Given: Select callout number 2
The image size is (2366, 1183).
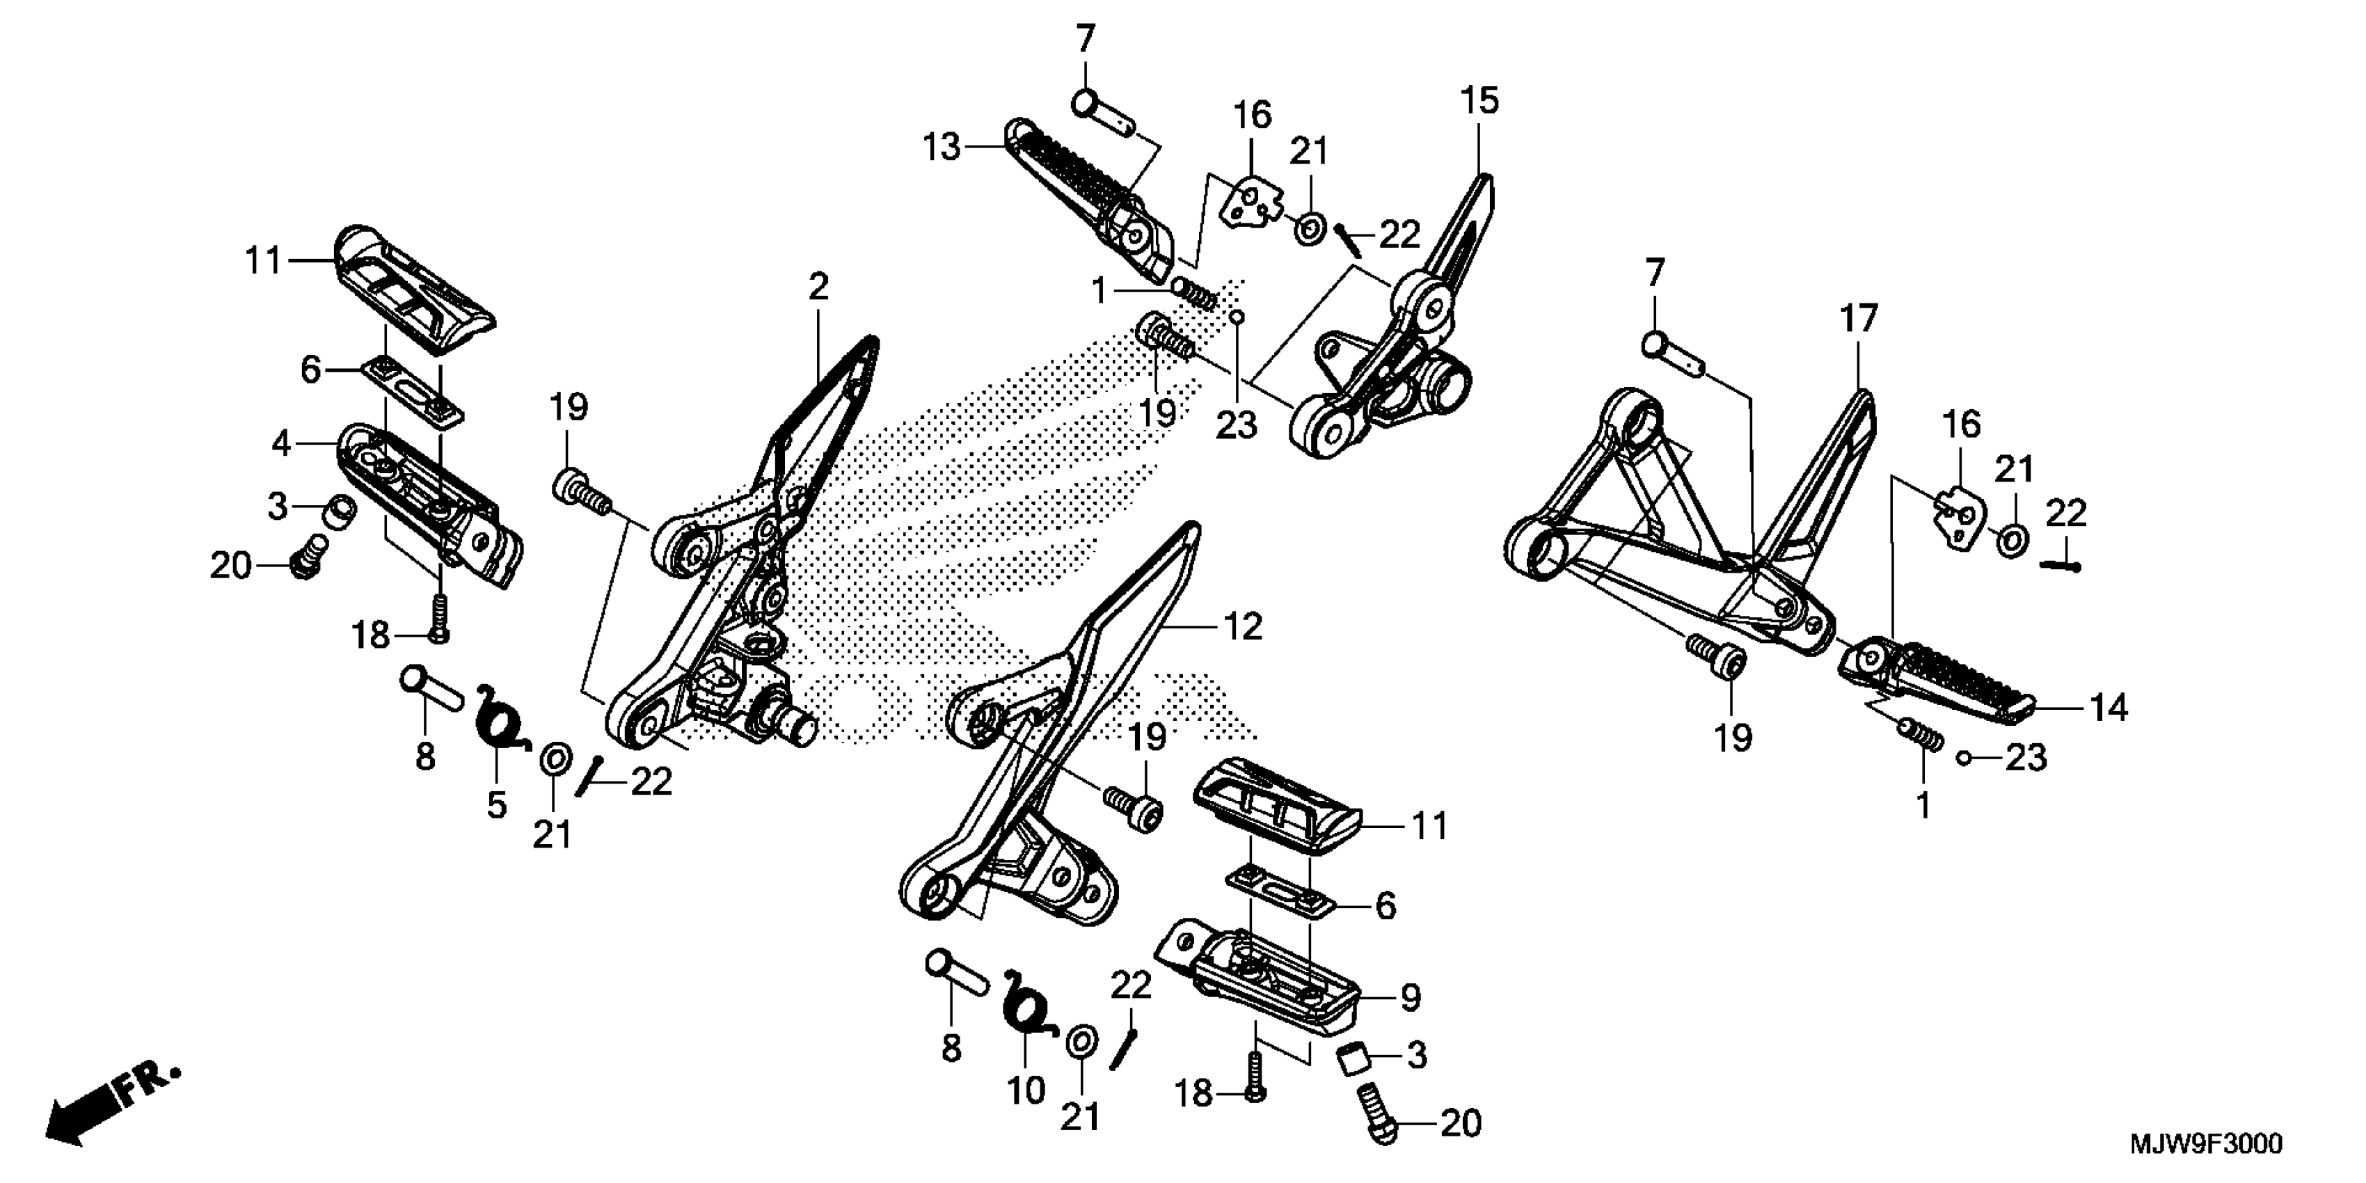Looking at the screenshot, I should tap(818, 287).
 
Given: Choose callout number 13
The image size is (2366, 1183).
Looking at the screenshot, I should tap(942, 147).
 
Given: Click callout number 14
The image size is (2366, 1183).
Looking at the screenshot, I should tap(2109, 707).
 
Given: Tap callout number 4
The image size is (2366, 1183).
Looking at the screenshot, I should tap(281, 445).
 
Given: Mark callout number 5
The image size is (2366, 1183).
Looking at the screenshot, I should tap(496, 804).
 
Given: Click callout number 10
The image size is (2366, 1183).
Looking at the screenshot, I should tap(1026, 1090).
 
